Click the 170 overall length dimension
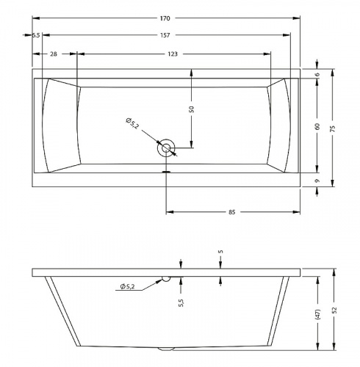(x=165, y=18)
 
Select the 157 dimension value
(x=165, y=35)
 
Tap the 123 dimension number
(x=173, y=54)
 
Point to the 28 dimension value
(x=54, y=54)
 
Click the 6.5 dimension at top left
(x=36, y=35)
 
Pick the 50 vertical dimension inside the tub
(x=192, y=109)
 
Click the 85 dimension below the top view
(x=231, y=212)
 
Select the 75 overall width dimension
(x=332, y=128)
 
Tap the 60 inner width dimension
(x=317, y=126)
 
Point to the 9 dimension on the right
(x=317, y=181)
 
